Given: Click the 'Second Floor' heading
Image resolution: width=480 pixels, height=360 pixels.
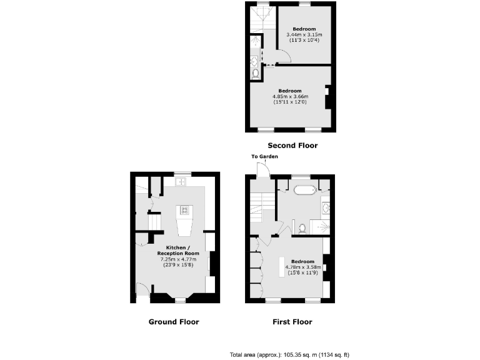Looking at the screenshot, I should click(x=292, y=146).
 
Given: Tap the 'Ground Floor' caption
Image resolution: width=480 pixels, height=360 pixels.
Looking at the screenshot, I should click(x=174, y=322).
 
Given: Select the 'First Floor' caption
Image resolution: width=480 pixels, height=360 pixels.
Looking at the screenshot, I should click(x=292, y=322).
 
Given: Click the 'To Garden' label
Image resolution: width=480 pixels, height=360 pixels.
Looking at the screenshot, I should click(x=264, y=156).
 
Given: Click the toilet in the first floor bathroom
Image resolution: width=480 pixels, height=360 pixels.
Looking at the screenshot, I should click(x=302, y=228).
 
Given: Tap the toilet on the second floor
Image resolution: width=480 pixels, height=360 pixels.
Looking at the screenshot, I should click(x=255, y=74).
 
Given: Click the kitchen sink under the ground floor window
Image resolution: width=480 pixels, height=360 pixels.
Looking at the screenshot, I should click(x=182, y=182).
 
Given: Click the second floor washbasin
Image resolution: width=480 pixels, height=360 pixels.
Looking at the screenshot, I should click(x=255, y=61).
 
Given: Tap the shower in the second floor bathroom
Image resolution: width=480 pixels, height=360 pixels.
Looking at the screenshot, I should click(x=256, y=42).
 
